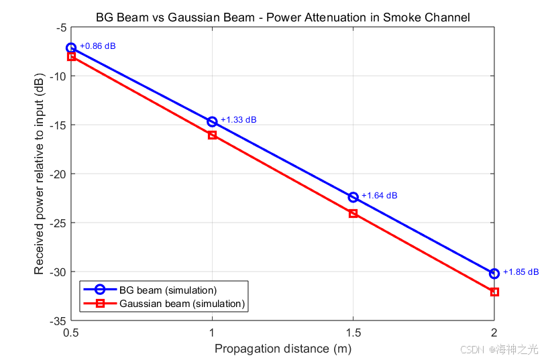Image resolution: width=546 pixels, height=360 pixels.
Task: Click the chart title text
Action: pyautogui.click(x=283, y=17)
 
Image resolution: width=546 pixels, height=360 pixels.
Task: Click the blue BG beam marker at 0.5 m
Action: pyautogui.click(x=71, y=44)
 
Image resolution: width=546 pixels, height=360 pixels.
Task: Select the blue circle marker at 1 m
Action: pyautogui.click(x=212, y=117)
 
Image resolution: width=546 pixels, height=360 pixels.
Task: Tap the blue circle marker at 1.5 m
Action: pyautogui.click(x=353, y=193)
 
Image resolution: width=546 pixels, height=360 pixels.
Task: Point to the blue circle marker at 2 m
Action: pyautogui.click(x=494, y=269)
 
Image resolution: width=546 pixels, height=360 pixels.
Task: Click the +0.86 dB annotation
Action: pyautogui.click(x=98, y=46)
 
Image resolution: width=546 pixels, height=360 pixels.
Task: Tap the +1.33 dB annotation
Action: pyautogui.click(x=239, y=120)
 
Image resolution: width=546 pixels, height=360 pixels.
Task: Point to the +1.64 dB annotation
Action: pyautogui.click(x=380, y=196)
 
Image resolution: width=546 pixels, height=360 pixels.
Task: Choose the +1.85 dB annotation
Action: pyautogui.click(x=521, y=272)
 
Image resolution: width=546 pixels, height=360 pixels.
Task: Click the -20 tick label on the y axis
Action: pyautogui.click(x=58, y=174)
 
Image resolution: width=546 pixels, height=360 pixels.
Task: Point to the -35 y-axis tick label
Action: pyautogui.click(x=58, y=321)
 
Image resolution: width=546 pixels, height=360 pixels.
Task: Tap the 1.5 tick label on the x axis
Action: pyautogui.click(x=353, y=333)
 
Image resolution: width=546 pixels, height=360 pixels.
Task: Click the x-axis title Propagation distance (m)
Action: pyautogui.click(x=283, y=349)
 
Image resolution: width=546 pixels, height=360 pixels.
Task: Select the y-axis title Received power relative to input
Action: pyautogui.click(x=39, y=174)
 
